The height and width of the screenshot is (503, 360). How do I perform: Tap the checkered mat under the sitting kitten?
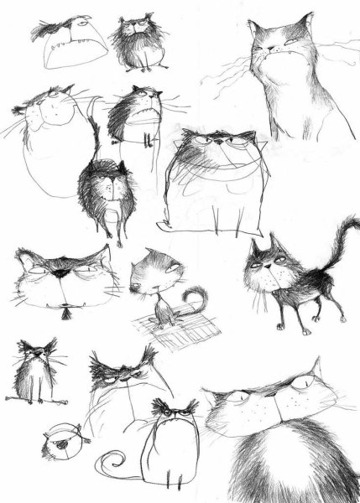pyautogui.click(x=177, y=331)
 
